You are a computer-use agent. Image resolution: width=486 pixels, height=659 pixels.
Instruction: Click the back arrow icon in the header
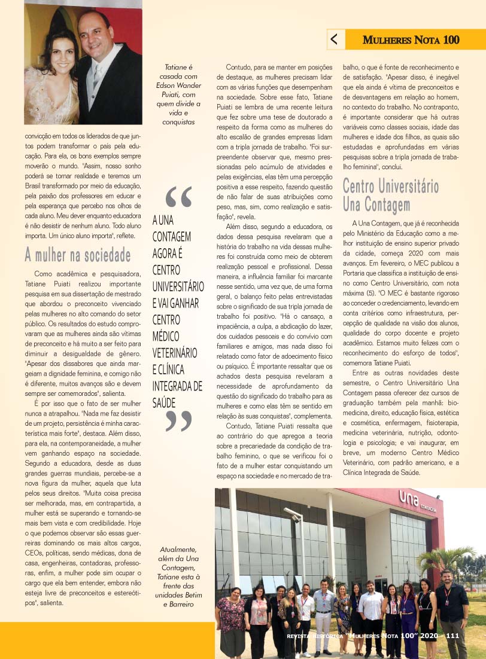(x=334, y=39)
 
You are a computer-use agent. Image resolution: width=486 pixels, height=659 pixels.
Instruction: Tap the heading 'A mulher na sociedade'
(x=77, y=255)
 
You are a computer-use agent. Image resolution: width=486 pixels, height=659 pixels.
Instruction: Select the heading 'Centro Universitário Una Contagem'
(x=391, y=195)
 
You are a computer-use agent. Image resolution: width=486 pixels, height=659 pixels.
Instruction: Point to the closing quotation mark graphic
(x=178, y=421)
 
